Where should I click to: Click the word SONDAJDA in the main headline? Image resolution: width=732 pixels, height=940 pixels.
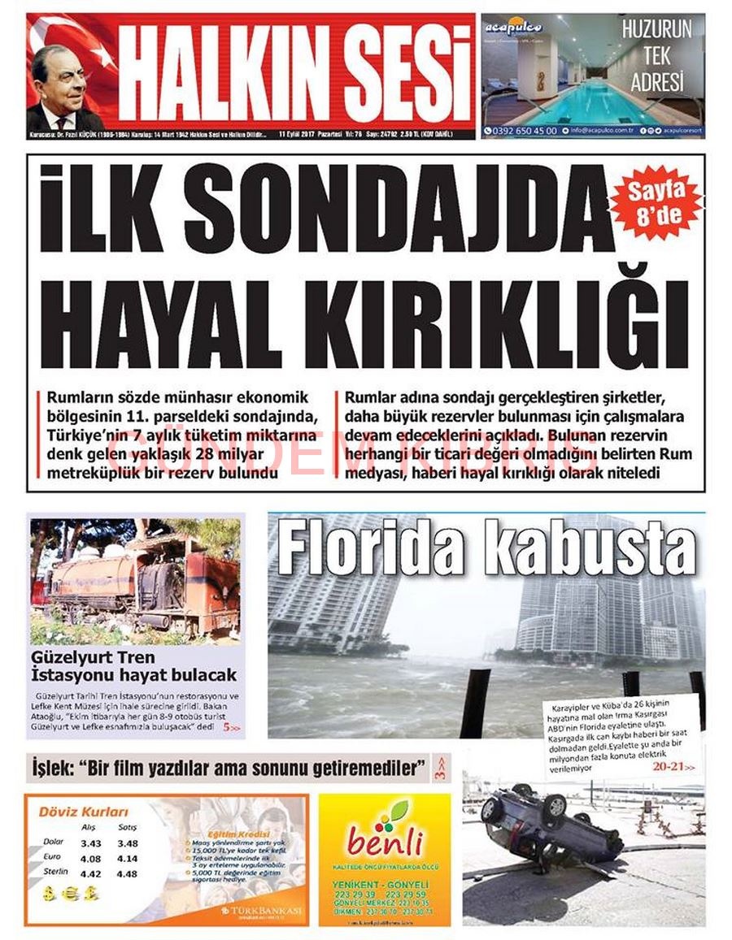point(403,210)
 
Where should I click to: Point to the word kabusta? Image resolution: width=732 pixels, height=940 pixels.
point(590,550)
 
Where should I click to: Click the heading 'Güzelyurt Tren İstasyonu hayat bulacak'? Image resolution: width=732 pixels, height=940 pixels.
point(133,665)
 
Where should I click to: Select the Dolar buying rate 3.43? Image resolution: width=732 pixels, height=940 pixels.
point(91,843)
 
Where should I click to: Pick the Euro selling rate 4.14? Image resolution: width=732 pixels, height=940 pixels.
point(128,858)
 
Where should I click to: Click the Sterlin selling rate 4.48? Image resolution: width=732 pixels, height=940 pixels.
point(128,873)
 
